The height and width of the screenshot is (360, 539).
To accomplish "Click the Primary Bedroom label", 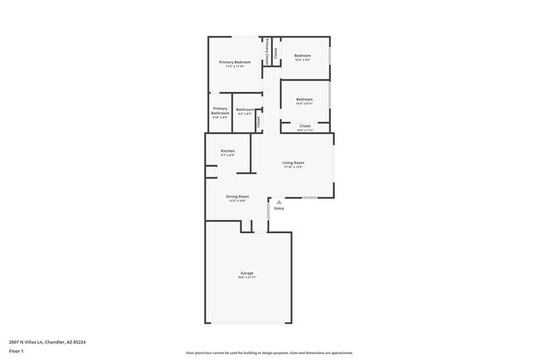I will (x=235, y=62).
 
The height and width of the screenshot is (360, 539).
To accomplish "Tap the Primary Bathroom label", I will (x=220, y=110).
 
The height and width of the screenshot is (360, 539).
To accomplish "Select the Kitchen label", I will (x=227, y=151).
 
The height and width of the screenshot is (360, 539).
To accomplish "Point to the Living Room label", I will (x=293, y=163).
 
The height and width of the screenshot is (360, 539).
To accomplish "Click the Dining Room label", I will (x=237, y=197).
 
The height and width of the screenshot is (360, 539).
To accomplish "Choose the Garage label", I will (x=246, y=273).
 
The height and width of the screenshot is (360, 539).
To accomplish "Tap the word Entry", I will (x=279, y=208).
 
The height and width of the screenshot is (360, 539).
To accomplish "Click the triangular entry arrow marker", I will (x=279, y=201).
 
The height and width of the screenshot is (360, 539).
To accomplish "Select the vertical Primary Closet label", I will (x=266, y=51).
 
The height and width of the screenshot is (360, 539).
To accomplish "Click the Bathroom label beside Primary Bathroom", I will (x=245, y=109).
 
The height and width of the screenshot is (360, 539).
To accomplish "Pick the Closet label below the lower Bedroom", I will (x=305, y=126).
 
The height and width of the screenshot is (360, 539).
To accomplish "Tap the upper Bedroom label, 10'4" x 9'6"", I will (x=303, y=56).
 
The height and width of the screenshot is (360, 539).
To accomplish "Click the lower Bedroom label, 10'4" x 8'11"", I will (x=304, y=100).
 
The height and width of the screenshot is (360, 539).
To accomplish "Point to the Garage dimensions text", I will (x=246, y=277).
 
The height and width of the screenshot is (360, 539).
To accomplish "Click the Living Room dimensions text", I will (x=293, y=167).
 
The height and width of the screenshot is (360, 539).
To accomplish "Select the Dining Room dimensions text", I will (x=237, y=201).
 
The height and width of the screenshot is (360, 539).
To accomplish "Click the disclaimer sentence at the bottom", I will (x=269, y=353).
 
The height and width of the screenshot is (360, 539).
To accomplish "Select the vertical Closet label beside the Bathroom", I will (x=258, y=122).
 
